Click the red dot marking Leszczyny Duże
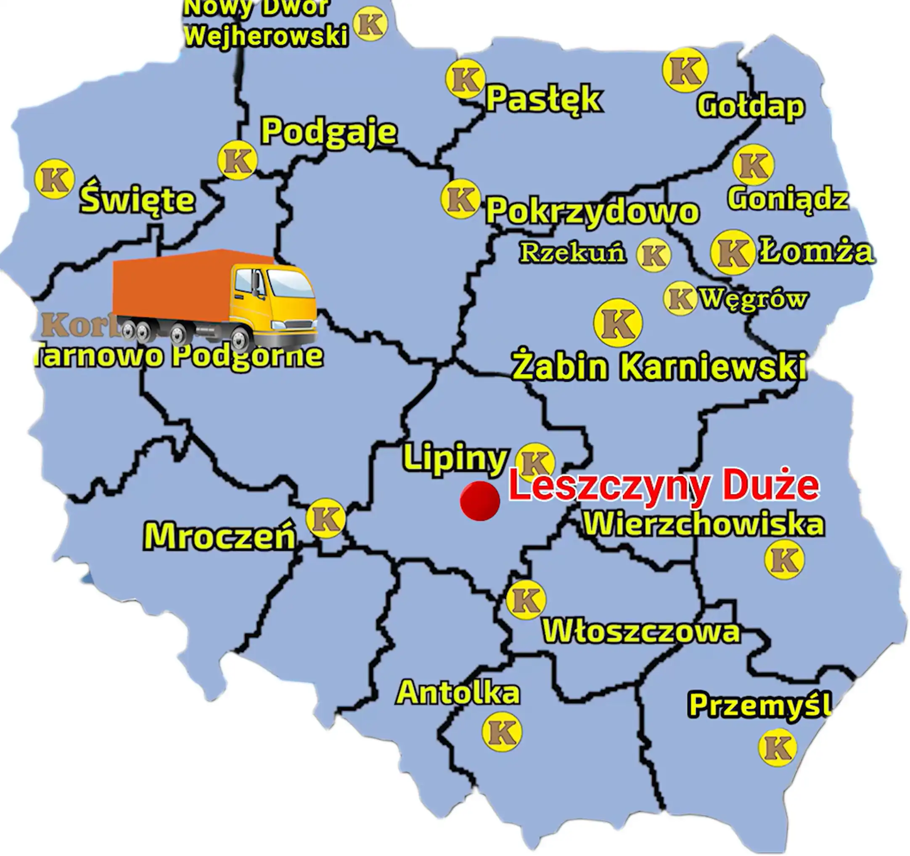[480, 501]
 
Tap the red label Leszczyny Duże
[664, 486]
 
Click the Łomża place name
[817, 252]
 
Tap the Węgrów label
[754, 299]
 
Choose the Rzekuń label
[573, 253]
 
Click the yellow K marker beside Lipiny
[534, 462]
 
